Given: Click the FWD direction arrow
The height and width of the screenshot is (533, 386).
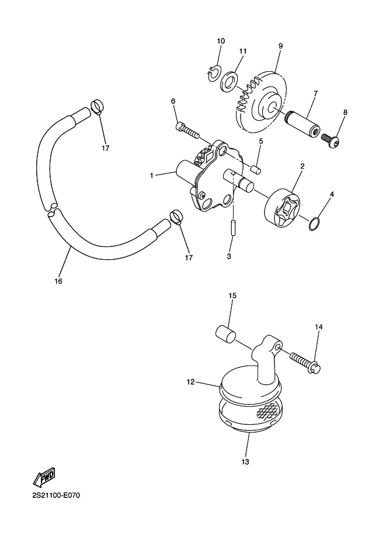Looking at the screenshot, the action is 44,476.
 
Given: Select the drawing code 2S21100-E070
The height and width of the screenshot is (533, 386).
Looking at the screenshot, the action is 57,495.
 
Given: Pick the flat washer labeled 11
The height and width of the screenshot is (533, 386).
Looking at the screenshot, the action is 228,81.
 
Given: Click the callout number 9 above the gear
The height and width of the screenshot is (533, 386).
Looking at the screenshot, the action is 280,46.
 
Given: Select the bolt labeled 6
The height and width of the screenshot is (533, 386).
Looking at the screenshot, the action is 187,131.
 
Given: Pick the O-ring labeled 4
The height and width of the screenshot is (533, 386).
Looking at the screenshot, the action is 315,223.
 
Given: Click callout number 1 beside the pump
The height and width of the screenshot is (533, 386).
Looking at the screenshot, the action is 152,175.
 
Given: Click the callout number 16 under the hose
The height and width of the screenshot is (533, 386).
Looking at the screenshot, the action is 58,281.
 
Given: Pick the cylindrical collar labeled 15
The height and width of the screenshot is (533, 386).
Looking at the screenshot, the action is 226,334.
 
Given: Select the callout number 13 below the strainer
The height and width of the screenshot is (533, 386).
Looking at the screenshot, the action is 245,462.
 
